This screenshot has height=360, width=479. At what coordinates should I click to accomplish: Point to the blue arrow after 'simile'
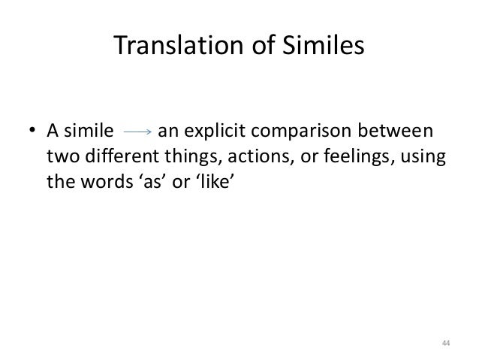point(137,133)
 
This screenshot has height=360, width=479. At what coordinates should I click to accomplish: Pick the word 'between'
point(402,133)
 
